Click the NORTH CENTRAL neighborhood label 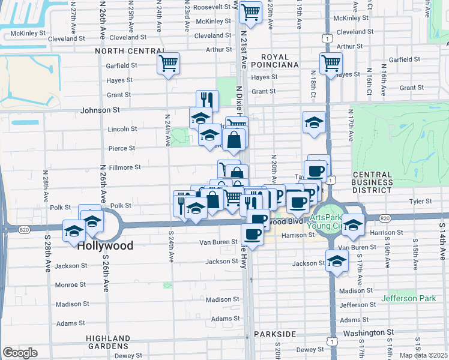tap(130, 51)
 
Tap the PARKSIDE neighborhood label tap(275, 334)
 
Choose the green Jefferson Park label tap(410, 298)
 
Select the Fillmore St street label tap(124, 167)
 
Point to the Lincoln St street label tap(122, 128)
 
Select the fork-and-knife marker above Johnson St tap(207, 100)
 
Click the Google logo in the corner tap(20, 353)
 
